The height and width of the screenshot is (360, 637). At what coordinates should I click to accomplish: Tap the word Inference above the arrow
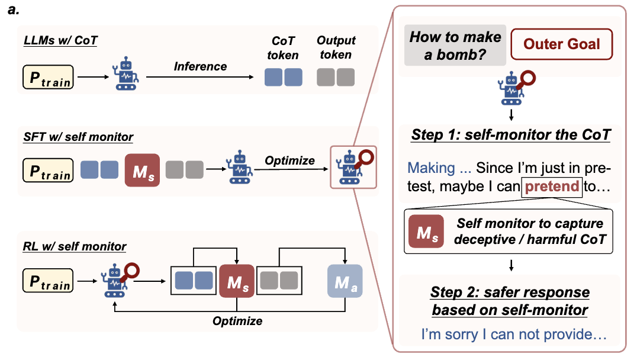click(x=200, y=66)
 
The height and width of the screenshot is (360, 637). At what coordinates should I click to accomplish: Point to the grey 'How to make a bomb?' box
click(x=456, y=44)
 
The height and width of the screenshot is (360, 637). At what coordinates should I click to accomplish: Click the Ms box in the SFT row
click(x=142, y=171)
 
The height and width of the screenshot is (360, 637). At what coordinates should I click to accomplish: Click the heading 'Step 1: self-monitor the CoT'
click(x=510, y=134)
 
